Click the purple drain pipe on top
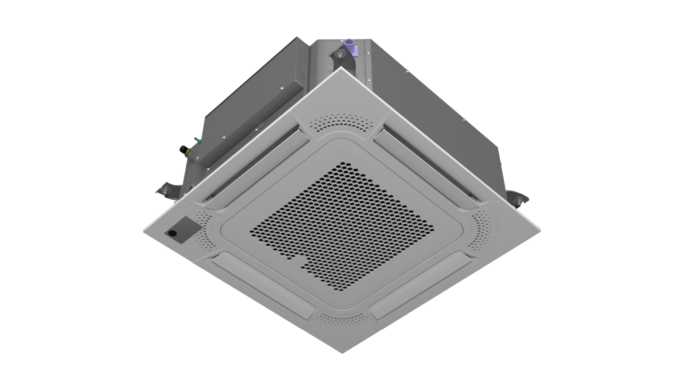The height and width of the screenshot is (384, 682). tap(350, 45)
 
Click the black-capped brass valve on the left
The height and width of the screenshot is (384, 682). tap(183, 150)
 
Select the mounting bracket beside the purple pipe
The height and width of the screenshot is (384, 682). tap(341, 57)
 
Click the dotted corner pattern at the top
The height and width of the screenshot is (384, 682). tap(343, 122)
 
